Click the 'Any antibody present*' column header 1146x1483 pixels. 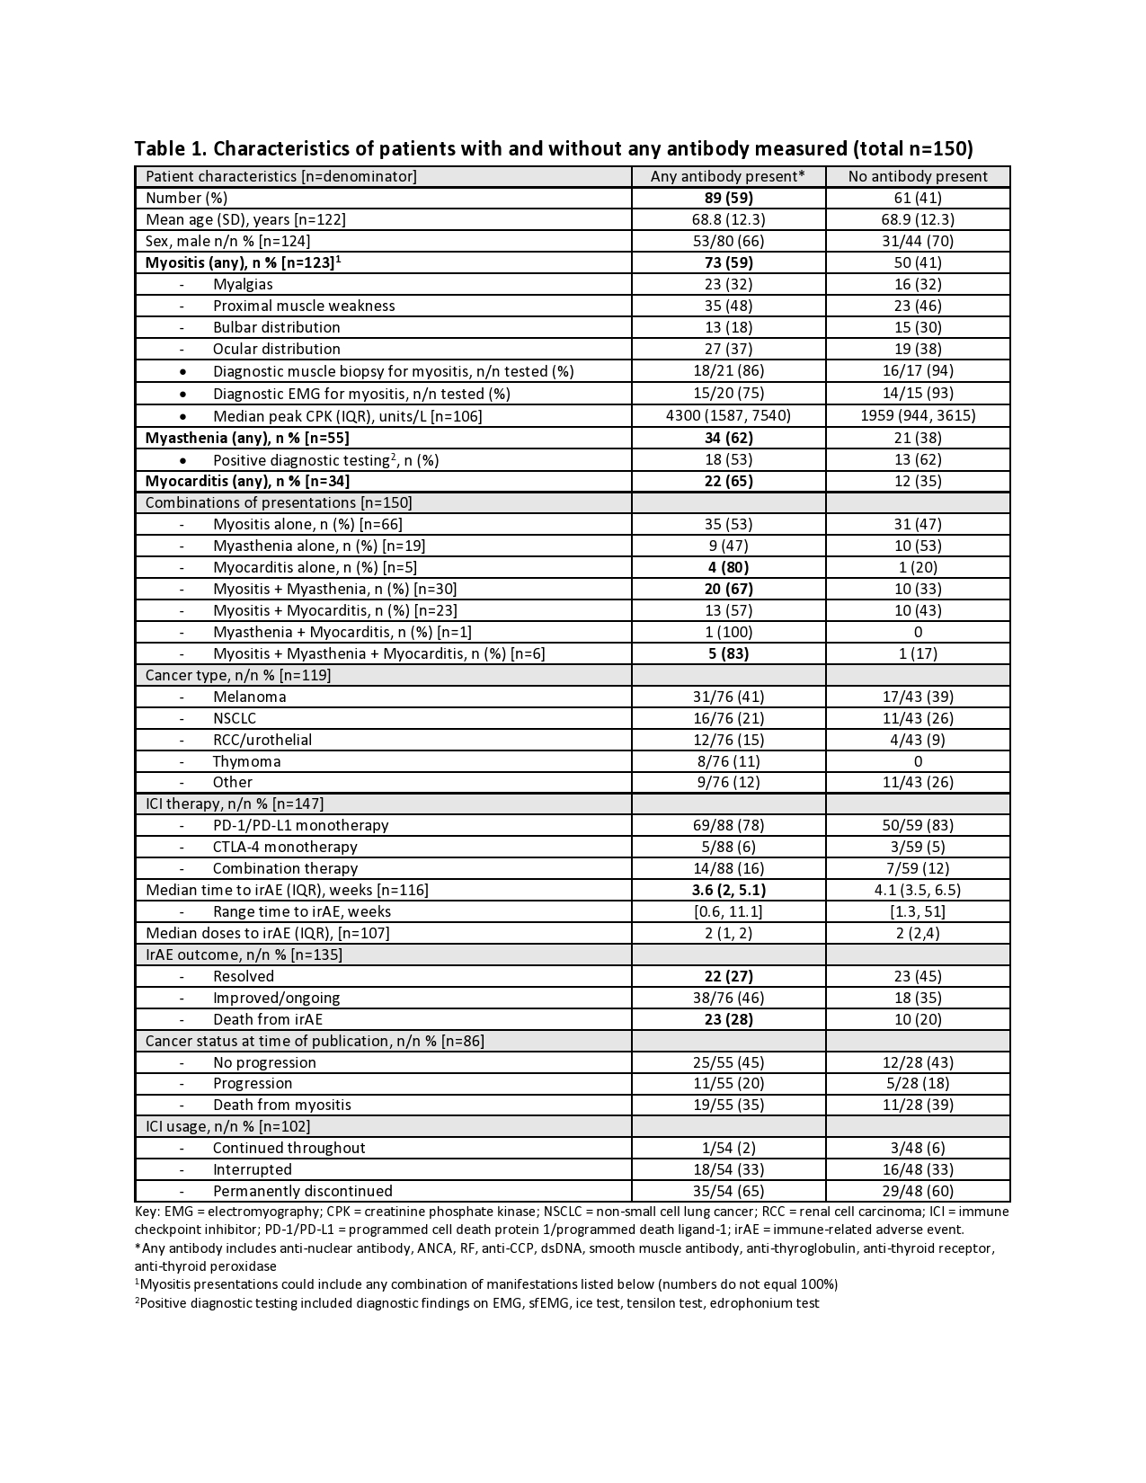pyautogui.click(x=727, y=176)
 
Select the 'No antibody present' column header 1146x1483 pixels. pyautogui.click(x=918, y=176)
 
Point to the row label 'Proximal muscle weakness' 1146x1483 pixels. pyautogui.click(x=304, y=306)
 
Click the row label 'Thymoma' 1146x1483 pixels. pyautogui.click(x=246, y=761)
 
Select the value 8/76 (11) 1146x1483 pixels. pyautogui.click(x=728, y=761)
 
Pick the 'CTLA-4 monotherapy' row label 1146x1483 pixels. pyautogui.click(x=285, y=847)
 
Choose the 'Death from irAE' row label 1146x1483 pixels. pyautogui.click(x=267, y=1019)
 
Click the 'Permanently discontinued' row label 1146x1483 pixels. pyautogui.click(x=302, y=1191)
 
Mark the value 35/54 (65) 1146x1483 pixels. pyautogui.click(x=728, y=1191)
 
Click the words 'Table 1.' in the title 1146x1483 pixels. pyautogui.click(x=171, y=148)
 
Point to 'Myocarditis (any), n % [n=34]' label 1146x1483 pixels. pyautogui.click(x=247, y=481)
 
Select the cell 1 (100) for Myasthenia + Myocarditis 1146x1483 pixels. pyautogui.click(x=728, y=632)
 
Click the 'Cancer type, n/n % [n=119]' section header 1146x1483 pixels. pyautogui.click(x=238, y=675)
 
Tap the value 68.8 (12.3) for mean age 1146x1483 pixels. pyautogui.click(x=728, y=219)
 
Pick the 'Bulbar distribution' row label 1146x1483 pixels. pyautogui.click(x=276, y=327)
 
